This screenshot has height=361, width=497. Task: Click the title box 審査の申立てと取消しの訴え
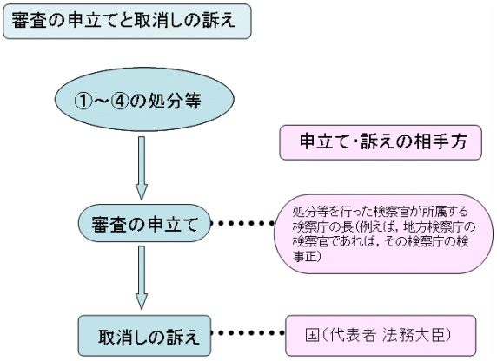click(x=127, y=21)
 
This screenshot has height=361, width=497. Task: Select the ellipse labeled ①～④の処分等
click(x=144, y=100)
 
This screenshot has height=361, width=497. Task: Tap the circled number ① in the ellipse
click(x=83, y=102)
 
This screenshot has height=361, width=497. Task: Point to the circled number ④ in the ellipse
click(x=120, y=102)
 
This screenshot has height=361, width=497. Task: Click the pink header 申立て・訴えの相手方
click(x=381, y=142)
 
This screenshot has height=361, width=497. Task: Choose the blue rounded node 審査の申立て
click(x=144, y=223)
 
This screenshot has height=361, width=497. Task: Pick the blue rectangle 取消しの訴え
click(x=144, y=336)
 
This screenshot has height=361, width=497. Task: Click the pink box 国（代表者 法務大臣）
click(x=381, y=335)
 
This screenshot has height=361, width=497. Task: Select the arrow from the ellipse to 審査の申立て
click(x=142, y=168)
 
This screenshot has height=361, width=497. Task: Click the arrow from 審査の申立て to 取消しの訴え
click(x=142, y=278)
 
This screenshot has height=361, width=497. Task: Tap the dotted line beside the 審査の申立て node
click(x=242, y=224)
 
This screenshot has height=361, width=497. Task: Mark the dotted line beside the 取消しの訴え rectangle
click(x=248, y=333)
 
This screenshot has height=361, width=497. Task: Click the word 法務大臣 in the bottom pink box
click(x=416, y=335)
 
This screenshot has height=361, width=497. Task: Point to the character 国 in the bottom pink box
click(x=312, y=335)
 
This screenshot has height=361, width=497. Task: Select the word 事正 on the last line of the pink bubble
click(x=305, y=256)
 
